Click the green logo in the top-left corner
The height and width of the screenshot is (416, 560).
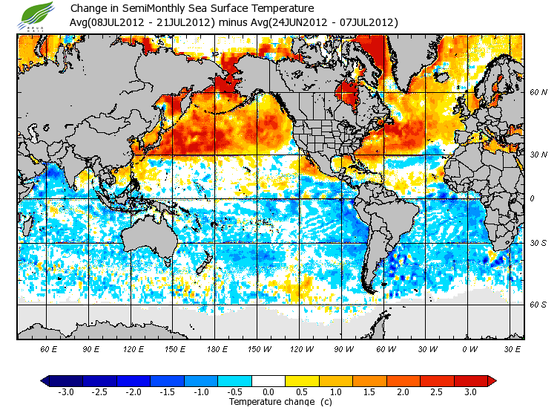tap(38, 16)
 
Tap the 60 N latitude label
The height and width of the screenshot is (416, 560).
tap(538, 92)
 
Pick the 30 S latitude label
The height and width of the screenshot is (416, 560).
tap(538, 243)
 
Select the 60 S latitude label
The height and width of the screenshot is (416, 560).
tap(538, 304)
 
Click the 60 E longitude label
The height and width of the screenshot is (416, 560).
tap(49, 348)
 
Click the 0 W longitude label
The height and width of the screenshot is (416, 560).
tap(470, 348)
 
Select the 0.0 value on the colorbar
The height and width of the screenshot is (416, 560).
tap(269, 391)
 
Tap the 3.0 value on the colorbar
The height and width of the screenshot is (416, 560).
tap(471, 391)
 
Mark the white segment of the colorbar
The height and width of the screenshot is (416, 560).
tap(269, 380)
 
